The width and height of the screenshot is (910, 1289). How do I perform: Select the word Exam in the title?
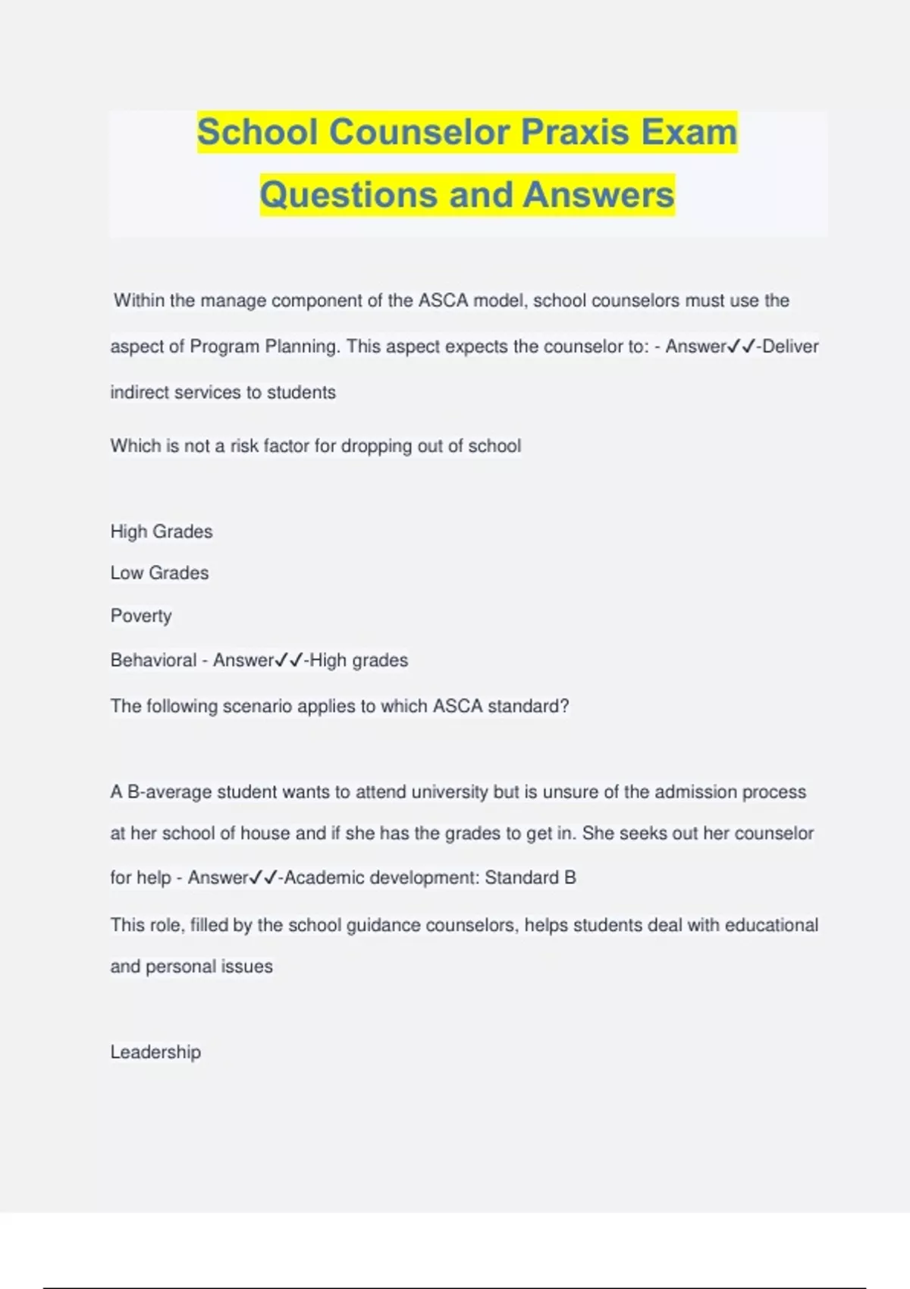689,132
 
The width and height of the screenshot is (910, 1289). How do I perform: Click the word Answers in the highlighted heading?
598,195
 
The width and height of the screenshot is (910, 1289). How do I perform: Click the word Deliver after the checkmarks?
790,347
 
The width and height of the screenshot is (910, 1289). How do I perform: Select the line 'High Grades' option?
162,532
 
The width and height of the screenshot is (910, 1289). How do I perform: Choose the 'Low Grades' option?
159,573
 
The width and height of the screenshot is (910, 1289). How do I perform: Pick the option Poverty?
141,616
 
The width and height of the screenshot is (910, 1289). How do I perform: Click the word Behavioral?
153,660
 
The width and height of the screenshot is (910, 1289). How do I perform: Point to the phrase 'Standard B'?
530,878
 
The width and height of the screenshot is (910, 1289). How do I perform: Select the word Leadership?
155,1052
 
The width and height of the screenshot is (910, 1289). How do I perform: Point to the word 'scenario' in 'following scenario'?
257,707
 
